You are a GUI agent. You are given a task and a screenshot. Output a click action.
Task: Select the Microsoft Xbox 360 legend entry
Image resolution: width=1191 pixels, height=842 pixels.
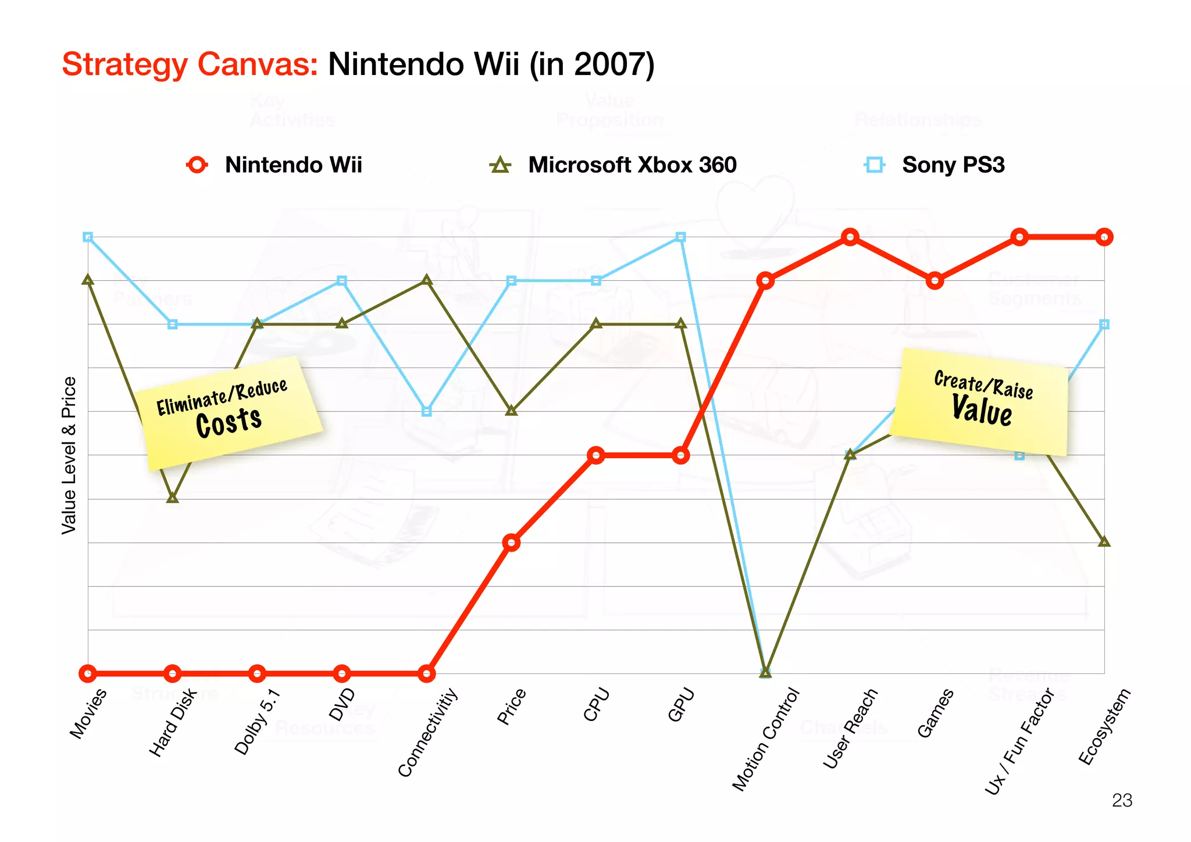point(614,165)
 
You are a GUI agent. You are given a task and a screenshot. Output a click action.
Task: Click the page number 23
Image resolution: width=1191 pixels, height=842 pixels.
point(1122,801)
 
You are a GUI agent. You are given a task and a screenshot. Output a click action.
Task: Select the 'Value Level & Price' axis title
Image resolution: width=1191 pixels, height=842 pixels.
point(69,455)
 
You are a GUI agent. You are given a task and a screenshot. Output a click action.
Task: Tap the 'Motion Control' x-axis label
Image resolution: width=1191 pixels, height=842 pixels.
point(765,739)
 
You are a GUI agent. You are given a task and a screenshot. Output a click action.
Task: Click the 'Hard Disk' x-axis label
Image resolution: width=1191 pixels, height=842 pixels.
point(173,723)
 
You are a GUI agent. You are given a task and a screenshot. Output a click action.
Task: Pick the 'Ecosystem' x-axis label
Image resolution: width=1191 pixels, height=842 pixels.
point(1104,726)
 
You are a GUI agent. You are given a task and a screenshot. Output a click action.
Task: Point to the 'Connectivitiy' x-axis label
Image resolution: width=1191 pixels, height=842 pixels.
point(427,732)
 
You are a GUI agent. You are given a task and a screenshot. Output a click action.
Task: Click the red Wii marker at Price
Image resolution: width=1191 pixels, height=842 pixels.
point(511,543)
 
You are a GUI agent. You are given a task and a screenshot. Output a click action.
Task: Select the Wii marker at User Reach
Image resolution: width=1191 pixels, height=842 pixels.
point(850,237)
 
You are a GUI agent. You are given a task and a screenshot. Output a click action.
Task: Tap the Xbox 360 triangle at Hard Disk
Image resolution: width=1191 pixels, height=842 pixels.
point(172,498)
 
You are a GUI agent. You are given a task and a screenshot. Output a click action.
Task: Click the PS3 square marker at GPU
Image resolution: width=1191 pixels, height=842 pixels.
point(681,237)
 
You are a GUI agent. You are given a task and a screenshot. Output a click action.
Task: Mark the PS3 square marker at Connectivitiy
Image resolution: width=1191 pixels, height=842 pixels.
point(426,412)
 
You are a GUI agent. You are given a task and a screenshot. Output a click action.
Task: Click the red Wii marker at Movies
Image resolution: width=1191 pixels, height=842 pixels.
point(88,674)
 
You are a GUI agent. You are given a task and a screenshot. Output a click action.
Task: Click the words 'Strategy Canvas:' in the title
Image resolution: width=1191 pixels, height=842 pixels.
point(190,64)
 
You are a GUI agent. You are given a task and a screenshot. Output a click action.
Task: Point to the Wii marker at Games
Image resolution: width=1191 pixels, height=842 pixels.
point(935,281)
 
